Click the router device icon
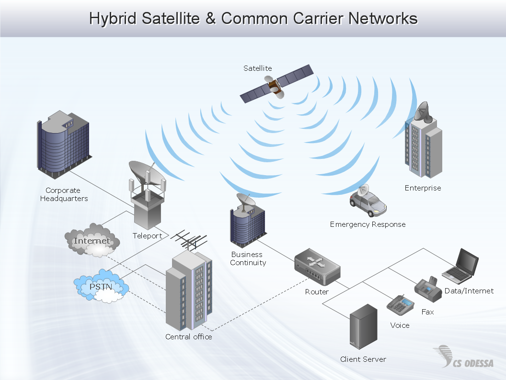pos(317,267)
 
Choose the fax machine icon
pos(428,289)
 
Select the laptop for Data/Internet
pos(461,266)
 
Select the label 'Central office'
pos(188,337)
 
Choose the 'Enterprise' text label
pos(423,188)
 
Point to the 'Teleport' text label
pos(147,236)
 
